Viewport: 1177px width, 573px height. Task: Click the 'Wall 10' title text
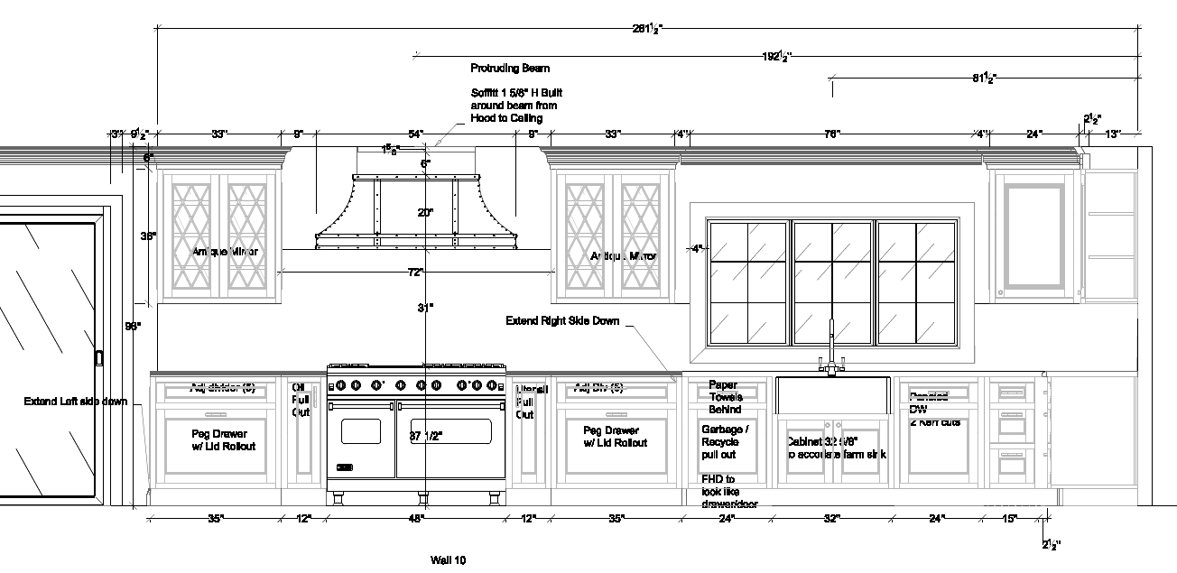point(448,560)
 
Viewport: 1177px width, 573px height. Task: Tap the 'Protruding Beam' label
point(510,69)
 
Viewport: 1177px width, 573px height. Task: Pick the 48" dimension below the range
point(415,519)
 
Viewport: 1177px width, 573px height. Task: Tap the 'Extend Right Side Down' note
point(561,320)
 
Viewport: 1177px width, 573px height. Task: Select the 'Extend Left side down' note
point(76,402)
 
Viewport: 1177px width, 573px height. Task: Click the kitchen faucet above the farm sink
point(831,347)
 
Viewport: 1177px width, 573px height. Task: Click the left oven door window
point(361,430)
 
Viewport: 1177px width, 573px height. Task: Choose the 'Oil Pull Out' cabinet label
point(300,400)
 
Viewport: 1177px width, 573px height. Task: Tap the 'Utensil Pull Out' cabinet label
point(532,402)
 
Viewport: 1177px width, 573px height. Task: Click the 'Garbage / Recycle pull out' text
point(725,442)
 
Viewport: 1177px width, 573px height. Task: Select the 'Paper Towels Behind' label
point(725,397)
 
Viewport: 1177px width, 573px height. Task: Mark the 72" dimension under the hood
point(415,272)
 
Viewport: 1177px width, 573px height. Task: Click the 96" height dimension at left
point(133,327)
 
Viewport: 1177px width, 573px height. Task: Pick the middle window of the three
point(831,282)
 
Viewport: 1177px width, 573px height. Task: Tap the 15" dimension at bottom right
point(1009,519)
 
